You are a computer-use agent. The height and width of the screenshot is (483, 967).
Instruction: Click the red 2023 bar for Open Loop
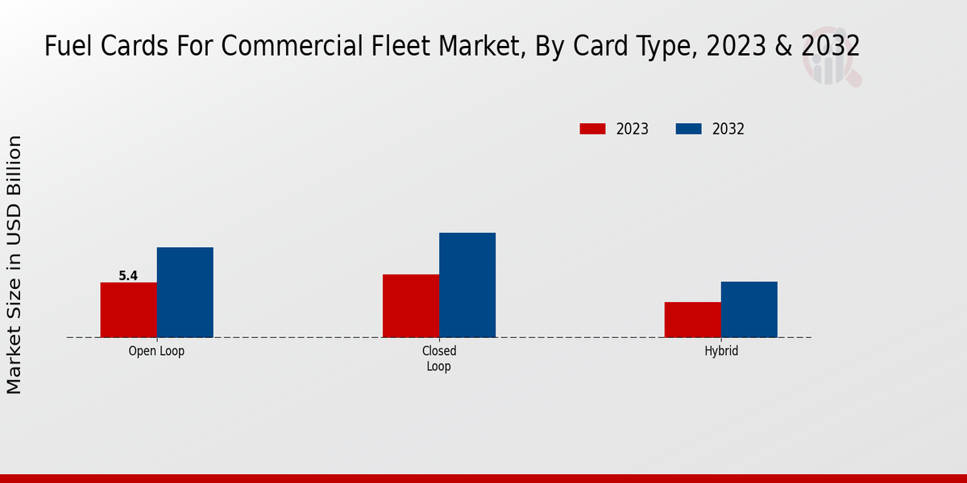click(x=129, y=310)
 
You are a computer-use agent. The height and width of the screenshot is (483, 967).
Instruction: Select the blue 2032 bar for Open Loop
click(x=185, y=292)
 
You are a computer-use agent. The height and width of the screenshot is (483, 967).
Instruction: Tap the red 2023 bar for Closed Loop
click(x=411, y=306)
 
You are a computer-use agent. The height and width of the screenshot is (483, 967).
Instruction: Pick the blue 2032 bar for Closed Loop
click(x=467, y=285)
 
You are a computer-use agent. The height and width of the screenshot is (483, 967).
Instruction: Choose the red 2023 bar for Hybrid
click(x=693, y=320)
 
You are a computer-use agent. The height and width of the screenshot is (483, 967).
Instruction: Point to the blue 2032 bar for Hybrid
click(x=749, y=309)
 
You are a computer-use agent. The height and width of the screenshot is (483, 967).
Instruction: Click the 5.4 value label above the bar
click(x=128, y=276)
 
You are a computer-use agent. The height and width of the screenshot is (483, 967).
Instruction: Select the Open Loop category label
click(x=156, y=352)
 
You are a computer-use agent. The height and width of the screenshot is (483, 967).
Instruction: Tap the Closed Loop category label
click(x=439, y=359)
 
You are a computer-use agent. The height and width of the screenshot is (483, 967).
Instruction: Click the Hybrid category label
click(x=721, y=352)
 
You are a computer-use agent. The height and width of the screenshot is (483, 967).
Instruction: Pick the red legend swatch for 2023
click(x=592, y=129)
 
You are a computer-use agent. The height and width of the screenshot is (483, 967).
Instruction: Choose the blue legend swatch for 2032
click(x=688, y=129)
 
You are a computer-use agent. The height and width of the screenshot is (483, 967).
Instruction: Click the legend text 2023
click(x=633, y=129)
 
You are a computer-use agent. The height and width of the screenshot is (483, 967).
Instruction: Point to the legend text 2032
click(x=728, y=129)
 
